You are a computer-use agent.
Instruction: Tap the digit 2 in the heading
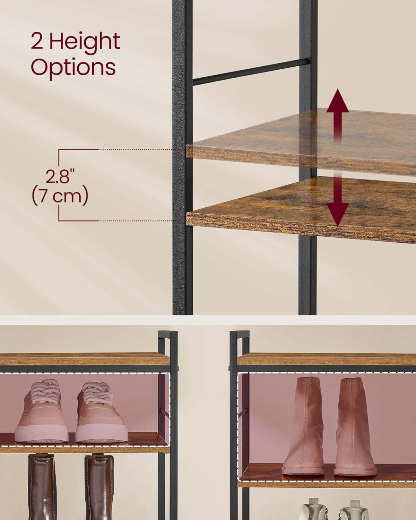37,41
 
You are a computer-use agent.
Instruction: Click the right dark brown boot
99,487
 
